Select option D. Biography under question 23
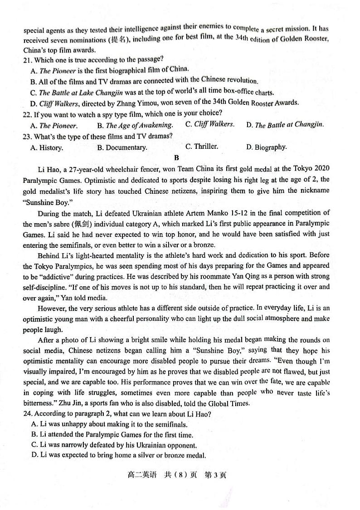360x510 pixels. [x=267, y=147]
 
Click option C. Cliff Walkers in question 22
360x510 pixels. [x=210, y=124]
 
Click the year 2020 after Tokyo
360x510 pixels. [x=321, y=169]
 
